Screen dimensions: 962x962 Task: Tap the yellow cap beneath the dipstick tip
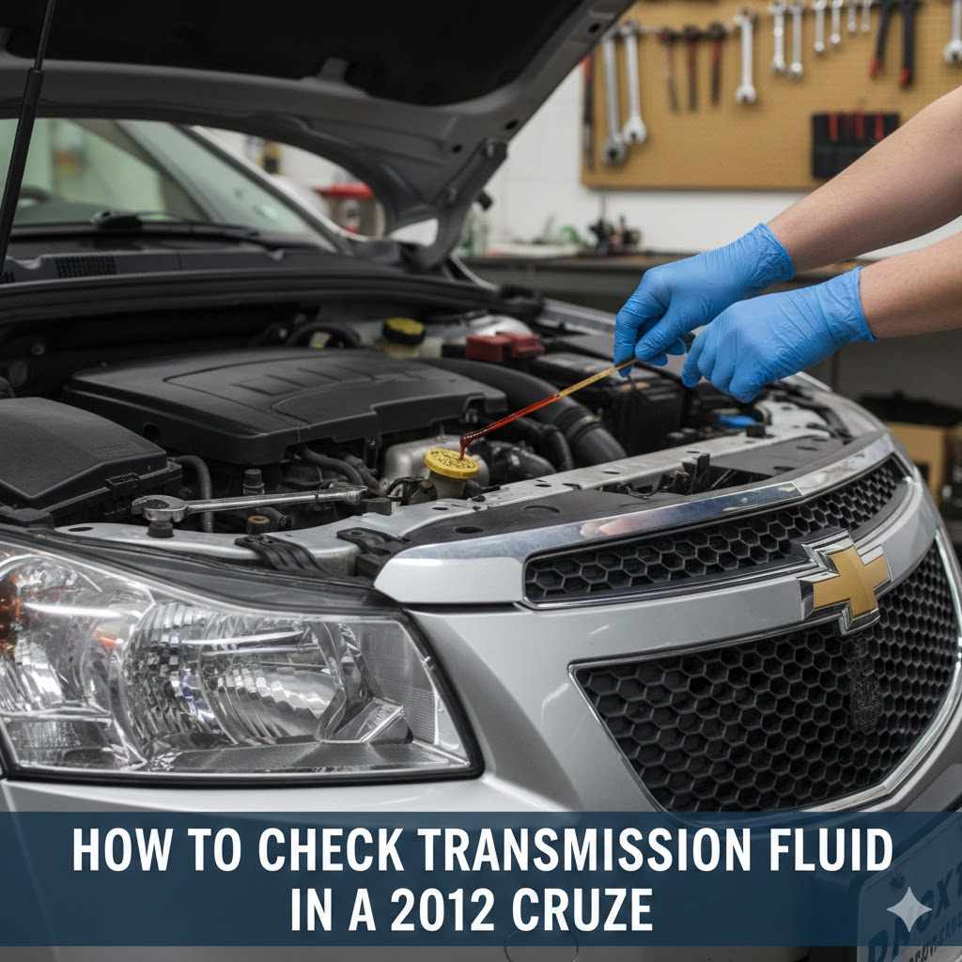[x=451, y=463]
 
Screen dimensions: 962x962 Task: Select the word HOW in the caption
[x=111, y=851]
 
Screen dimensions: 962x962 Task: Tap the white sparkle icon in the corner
[x=908, y=908]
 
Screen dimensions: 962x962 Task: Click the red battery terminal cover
[x=504, y=346]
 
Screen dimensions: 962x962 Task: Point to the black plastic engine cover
[x=282, y=395]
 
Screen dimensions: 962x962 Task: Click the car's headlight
[x=216, y=676]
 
